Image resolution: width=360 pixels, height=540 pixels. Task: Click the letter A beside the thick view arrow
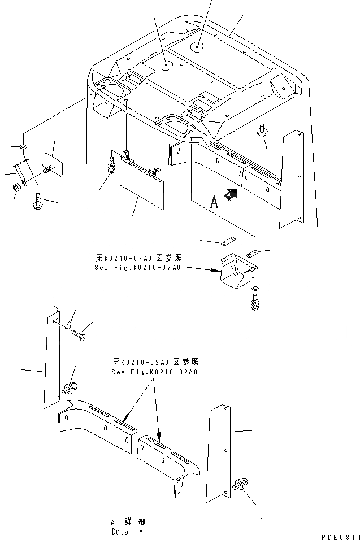214,203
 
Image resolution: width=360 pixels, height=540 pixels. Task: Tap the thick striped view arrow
231,195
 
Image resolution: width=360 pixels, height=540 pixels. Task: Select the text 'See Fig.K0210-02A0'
155,372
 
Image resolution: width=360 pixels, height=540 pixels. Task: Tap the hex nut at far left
17,186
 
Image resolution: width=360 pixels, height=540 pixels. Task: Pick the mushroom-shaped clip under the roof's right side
262,132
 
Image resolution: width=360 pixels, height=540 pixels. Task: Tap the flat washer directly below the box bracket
254,290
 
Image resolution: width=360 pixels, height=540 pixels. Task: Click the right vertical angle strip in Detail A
221,446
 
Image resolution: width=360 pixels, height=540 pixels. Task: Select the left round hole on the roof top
166,66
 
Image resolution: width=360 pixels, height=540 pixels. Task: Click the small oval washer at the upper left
22,147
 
